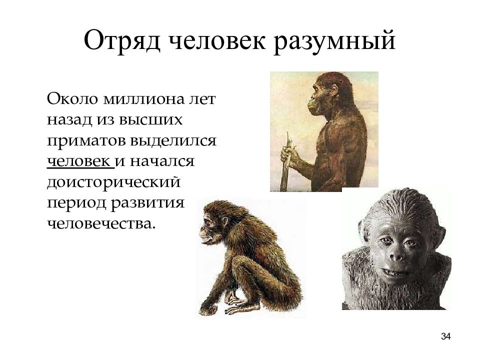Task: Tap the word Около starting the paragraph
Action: pos(72,99)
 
